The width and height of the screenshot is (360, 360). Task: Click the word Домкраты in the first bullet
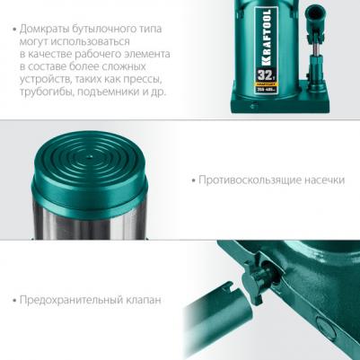point(44,29)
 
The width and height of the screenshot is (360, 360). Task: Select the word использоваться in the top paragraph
point(91,42)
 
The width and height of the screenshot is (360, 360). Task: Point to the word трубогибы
point(47,92)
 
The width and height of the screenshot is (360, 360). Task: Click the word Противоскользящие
point(250,180)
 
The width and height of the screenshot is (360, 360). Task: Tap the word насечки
point(325,180)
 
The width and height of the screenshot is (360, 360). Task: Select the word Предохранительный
point(71,300)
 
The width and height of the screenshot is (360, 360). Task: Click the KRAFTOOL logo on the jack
point(266,37)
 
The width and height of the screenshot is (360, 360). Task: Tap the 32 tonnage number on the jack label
point(263,75)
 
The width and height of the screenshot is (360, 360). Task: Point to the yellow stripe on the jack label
point(266,84)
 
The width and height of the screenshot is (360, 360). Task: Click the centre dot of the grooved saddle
point(90,156)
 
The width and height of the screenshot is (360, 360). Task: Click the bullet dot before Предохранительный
point(14,300)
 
